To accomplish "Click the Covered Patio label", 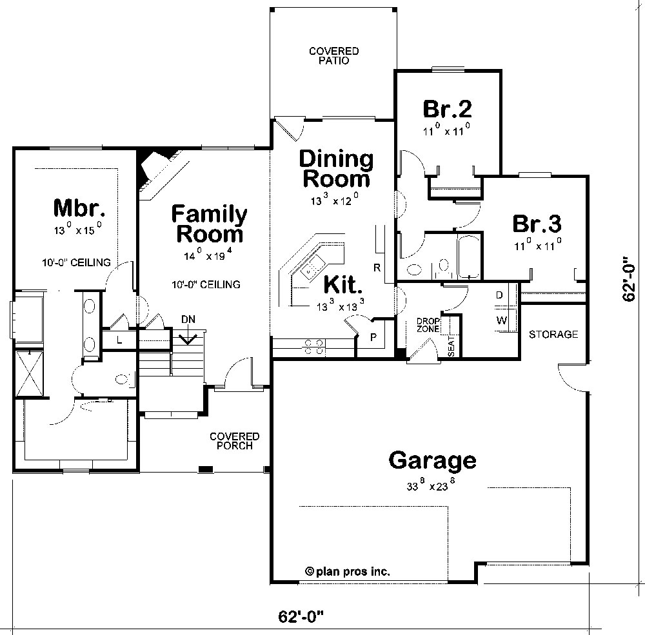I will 333,55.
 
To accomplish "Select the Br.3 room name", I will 537,224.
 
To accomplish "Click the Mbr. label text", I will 79,208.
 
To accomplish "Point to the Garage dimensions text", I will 432,487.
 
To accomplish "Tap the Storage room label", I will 553,334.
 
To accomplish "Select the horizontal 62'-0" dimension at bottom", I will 300,617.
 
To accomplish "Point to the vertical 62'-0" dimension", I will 630,280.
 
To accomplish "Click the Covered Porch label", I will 235,441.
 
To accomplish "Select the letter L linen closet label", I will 120,340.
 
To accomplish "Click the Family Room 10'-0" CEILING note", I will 206,284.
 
